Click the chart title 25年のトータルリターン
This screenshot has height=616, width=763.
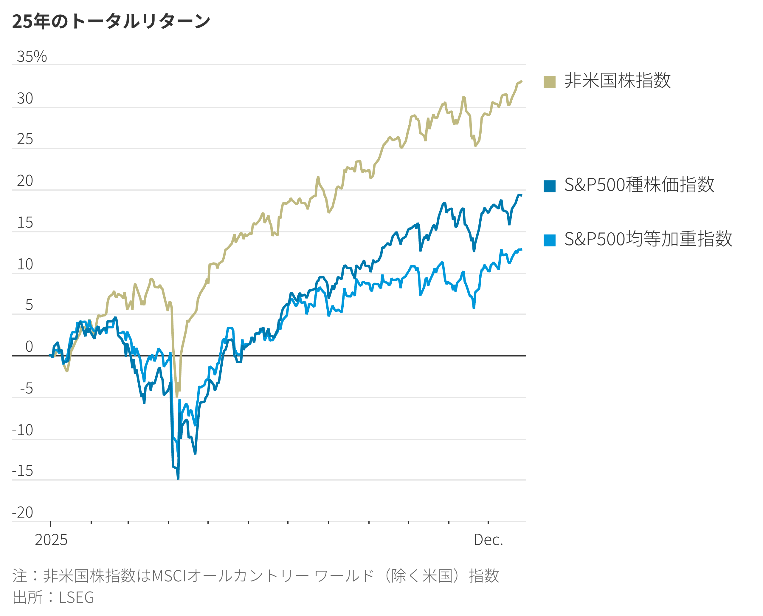[x=111, y=21]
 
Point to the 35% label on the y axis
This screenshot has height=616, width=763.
[x=32, y=57]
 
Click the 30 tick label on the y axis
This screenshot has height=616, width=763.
[x=25, y=99]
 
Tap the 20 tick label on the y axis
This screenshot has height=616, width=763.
[x=25, y=181]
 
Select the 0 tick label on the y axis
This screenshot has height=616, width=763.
[x=29, y=347]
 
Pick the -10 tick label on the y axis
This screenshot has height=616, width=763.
[x=22, y=430]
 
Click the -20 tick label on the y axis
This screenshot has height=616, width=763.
[x=22, y=512]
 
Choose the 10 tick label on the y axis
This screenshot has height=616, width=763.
[x=25, y=264]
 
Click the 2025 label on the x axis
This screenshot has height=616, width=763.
[x=51, y=540]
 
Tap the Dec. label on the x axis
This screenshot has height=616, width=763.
[x=488, y=540]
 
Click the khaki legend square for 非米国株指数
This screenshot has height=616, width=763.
[x=549, y=82]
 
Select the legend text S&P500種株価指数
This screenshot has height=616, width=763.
[x=639, y=185]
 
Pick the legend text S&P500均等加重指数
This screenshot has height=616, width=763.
[x=648, y=239]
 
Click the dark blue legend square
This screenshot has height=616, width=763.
[x=549, y=186]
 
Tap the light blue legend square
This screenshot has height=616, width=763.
[x=549, y=240]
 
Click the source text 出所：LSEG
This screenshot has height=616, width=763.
[x=53, y=597]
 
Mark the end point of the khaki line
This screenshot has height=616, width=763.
[x=521, y=81]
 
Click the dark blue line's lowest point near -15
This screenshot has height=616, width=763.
[x=178, y=478]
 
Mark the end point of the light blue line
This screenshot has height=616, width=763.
[x=521, y=249]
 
